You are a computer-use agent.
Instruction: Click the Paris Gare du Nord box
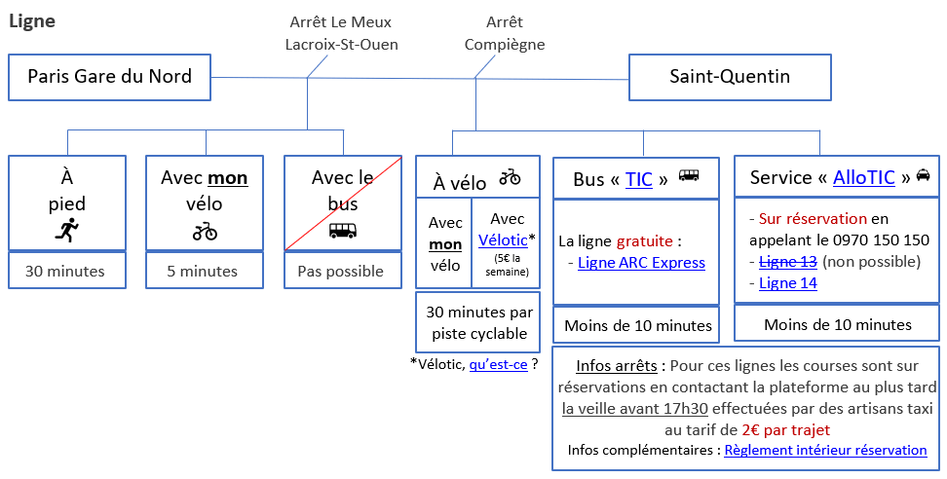point(109,77)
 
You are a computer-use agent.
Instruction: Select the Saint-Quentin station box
point(730,77)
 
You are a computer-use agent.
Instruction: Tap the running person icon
point(67,230)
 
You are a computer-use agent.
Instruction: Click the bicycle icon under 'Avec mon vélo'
point(205,231)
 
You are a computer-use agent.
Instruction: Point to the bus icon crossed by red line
point(342,231)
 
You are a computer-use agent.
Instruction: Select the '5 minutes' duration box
point(205,271)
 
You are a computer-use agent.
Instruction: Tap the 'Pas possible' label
point(341,272)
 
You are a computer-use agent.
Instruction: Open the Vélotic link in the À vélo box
point(503,240)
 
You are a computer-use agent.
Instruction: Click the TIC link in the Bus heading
point(639,179)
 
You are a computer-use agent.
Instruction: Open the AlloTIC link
point(863,177)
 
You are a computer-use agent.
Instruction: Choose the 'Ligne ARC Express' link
point(641,263)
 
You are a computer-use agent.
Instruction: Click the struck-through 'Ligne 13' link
point(788,262)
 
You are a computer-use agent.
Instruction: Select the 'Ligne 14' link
point(788,283)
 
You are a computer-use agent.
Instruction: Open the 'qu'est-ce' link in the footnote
point(498,364)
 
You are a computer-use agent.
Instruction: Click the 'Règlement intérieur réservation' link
point(825,450)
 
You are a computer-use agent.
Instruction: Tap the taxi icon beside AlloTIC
point(924,175)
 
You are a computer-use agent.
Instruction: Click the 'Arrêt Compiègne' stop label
point(505,33)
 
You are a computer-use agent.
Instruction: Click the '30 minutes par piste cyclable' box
point(477,323)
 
